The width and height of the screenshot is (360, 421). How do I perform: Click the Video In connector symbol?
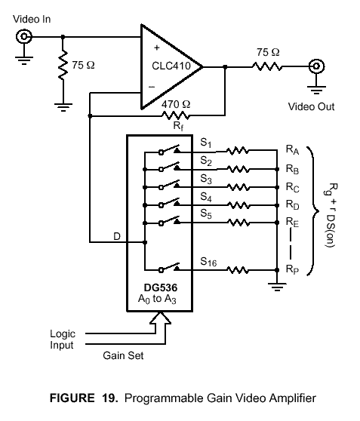[x=24, y=36]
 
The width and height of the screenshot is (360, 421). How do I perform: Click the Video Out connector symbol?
[x=316, y=66]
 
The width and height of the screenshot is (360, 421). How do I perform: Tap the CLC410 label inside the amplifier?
[x=171, y=66]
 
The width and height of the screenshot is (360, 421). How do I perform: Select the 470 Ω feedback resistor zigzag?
[x=175, y=116]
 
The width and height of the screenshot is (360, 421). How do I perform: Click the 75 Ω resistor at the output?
[x=267, y=66]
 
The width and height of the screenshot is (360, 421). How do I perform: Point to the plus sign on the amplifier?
[x=157, y=48]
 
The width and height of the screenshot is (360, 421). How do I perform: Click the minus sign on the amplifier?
[x=152, y=87]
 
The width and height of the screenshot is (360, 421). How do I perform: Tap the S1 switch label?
[x=206, y=143]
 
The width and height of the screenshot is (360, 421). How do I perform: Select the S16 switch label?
[x=208, y=262]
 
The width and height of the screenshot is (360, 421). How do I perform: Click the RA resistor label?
[x=292, y=150]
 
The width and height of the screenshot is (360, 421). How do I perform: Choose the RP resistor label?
[x=292, y=269]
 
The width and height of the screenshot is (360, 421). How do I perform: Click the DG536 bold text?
[x=161, y=287]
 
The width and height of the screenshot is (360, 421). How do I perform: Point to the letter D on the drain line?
[x=117, y=237]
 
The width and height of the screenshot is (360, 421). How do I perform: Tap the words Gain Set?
[x=123, y=355]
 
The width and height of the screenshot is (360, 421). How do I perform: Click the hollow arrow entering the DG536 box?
[x=161, y=321]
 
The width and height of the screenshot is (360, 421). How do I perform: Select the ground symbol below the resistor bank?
[x=277, y=287]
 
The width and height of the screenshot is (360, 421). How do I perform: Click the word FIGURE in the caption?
[x=72, y=398]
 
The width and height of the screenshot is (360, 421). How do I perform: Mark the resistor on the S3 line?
[x=238, y=187]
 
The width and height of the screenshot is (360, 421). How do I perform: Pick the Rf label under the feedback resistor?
[x=178, y=126]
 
